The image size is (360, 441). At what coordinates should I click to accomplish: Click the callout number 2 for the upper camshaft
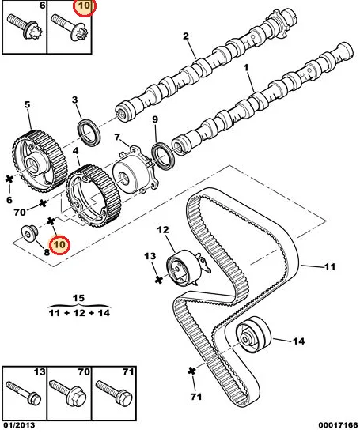185,36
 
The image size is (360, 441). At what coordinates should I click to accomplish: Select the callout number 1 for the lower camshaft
246,68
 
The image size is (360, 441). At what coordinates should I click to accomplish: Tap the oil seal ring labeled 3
89,133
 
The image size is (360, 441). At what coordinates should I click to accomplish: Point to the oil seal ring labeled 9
163,156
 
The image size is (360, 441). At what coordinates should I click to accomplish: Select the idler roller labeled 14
253,334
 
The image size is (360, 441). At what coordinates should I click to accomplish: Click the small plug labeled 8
29,233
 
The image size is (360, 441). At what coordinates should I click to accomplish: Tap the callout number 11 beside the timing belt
330,266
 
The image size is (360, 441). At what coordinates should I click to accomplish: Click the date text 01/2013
19,425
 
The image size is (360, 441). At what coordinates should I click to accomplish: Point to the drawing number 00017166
338,425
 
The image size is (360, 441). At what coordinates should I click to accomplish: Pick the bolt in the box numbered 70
67,394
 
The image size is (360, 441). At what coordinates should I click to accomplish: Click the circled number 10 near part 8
59,244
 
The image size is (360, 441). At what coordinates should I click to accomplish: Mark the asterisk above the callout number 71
191,371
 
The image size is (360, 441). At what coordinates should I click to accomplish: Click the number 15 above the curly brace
78,298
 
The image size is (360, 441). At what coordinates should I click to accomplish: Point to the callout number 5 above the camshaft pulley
27,104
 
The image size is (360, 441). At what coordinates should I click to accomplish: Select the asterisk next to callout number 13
159,279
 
